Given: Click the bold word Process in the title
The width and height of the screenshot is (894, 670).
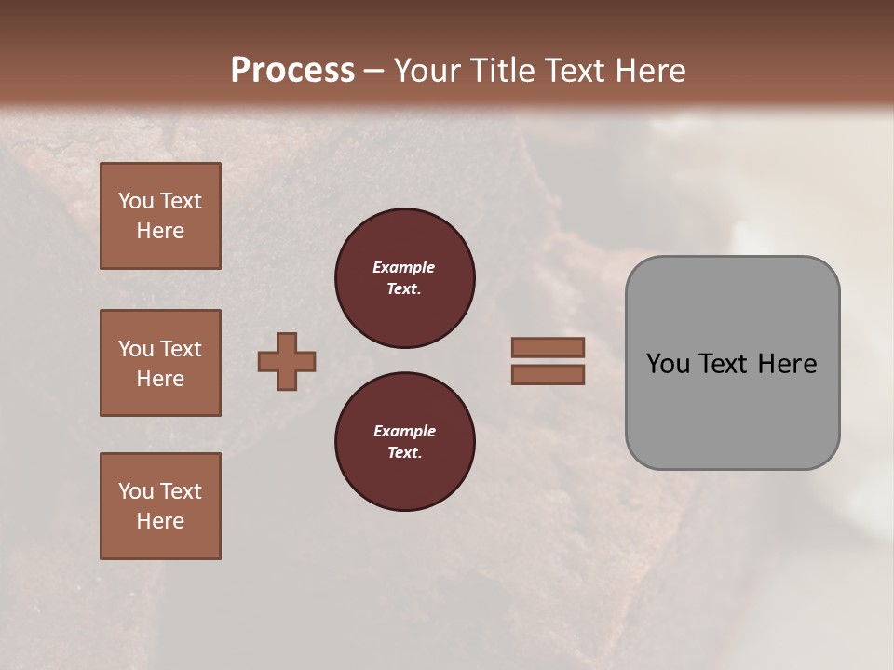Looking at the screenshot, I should click(292, 71).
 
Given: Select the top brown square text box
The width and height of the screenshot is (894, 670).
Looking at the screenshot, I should click(160, 216).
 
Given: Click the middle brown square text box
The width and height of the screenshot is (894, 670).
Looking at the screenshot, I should click(160, 363).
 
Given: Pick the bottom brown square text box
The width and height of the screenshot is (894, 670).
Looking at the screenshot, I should click(160, 506).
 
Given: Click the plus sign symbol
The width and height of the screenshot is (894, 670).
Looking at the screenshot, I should click(287, 361).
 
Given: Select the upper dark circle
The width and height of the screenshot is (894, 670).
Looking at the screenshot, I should click(404, 278).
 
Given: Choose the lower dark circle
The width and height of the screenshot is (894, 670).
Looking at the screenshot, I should click(404, 442).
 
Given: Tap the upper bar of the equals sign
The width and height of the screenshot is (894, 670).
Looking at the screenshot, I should click(548, 347).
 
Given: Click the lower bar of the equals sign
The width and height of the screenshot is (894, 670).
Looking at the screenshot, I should click(548, 374).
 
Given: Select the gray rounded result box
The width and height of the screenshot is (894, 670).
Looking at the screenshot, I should click(732, 363).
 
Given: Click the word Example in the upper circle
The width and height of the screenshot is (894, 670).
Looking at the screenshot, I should click(403, 268).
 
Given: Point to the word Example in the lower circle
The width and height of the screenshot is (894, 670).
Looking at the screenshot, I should click(404, 432).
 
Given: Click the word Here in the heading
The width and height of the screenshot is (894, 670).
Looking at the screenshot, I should click(651, 71).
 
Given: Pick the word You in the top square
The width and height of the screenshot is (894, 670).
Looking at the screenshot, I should click(136, 201).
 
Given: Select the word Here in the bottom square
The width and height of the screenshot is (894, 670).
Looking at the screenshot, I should click(160, 521).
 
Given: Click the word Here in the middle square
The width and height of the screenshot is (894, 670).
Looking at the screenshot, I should click(160, 379).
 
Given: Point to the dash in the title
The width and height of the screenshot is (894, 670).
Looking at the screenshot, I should click(373, 72).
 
